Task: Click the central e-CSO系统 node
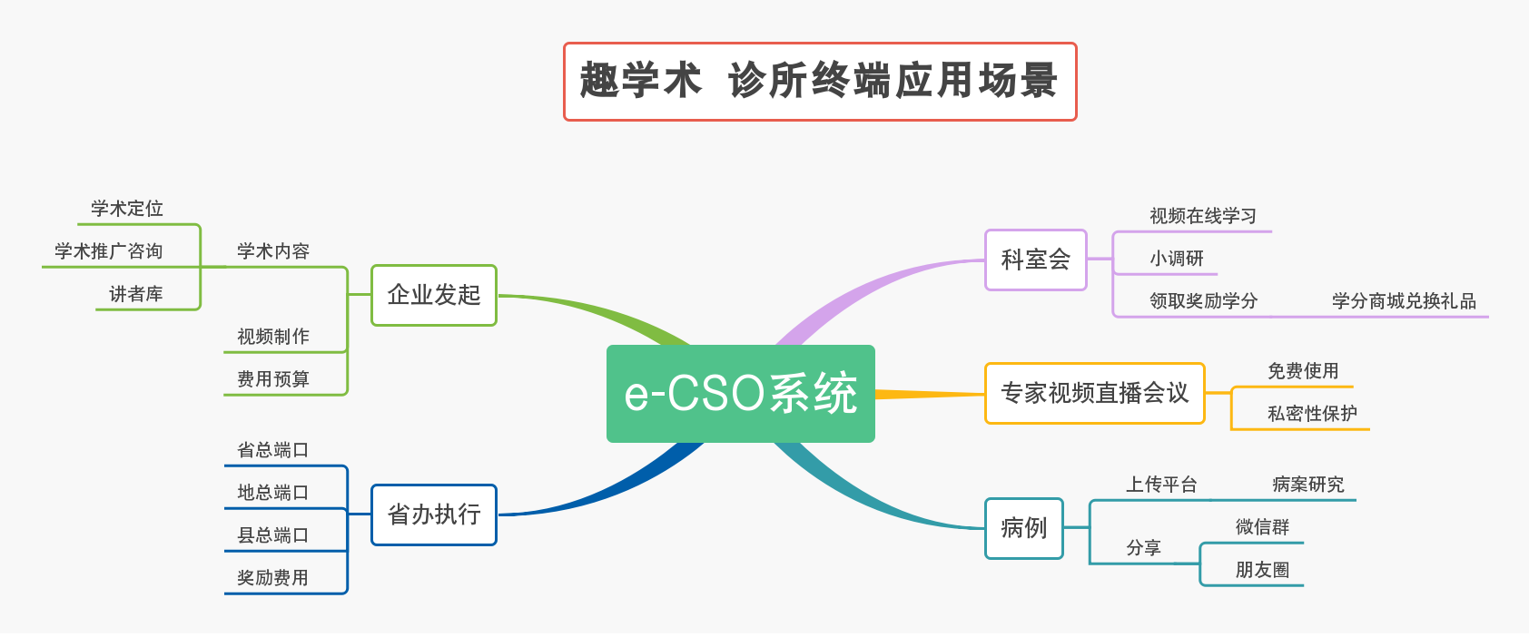(740, 394)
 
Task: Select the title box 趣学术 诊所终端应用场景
(819, 81)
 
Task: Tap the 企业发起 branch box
(434, 295)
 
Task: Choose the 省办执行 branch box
(434, 514)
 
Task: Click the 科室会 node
(1035, 260)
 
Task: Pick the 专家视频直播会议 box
(1094, 393)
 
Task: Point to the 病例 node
(1023, 527)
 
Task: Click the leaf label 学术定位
(127, 209)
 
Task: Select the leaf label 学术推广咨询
(109, 251)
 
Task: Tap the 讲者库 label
(136, 294)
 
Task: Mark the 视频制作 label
(273, 337)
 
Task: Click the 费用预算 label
(273, 379)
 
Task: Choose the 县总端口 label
(273, 535)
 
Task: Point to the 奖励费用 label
(273, 578)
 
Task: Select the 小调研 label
(1177, 259)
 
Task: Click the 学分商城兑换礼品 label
(1404, 301)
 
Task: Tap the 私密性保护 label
(1312, 414)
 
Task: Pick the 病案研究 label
(1307, 485)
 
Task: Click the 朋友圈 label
(1262, 570)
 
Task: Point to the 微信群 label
(1262, 527)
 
